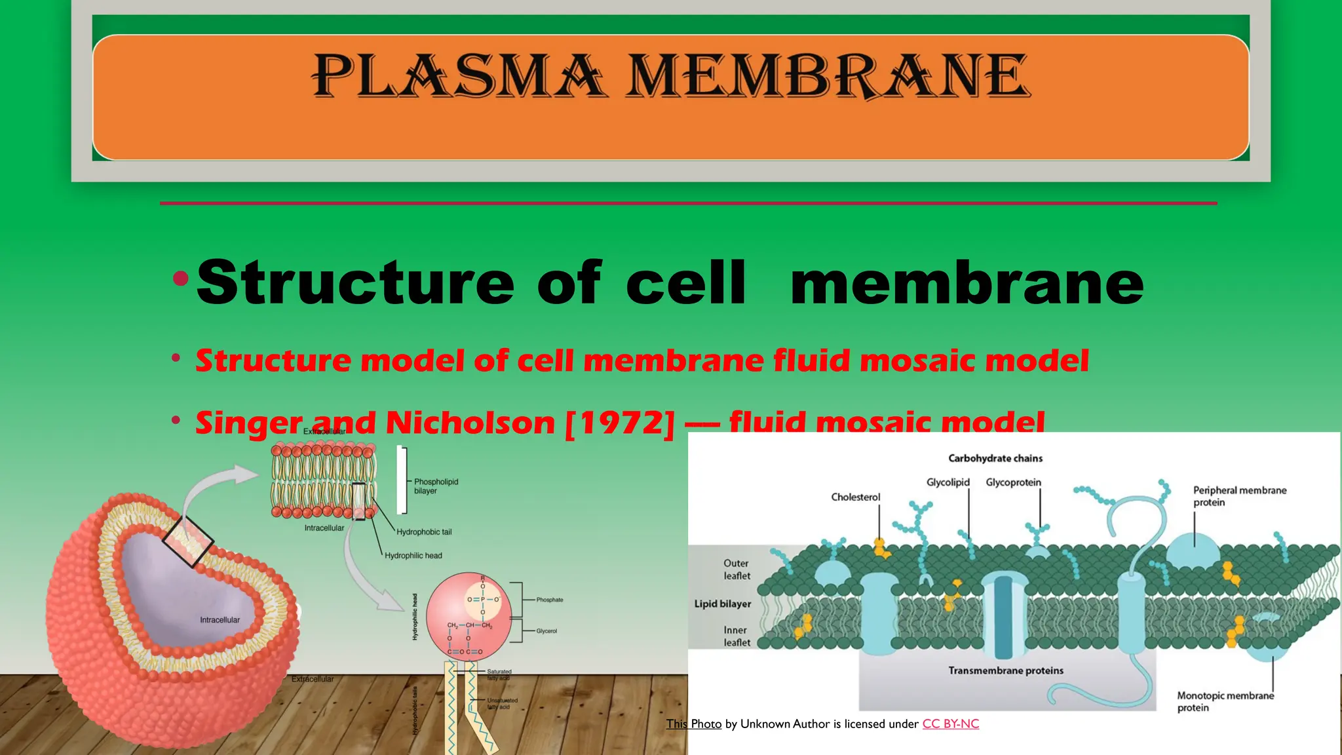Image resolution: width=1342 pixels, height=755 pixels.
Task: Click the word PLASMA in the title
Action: tap(457, 76)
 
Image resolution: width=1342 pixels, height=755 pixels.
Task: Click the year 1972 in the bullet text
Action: tap(619, 423)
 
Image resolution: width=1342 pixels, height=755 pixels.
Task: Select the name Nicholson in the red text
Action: tap(470, 423)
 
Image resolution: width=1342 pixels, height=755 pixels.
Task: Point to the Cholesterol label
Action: tap(855, 497)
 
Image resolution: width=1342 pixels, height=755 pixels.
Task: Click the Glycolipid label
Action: tap(948, 482)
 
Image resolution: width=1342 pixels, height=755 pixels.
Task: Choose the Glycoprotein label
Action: tap(1013, 482)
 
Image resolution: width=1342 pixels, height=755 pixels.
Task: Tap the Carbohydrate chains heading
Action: tap(995, 458)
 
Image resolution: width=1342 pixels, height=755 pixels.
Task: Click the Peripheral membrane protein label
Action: tap(1238, 496)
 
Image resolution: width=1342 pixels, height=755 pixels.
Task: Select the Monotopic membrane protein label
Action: tap(1225, 701)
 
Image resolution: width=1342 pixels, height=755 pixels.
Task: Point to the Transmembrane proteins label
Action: tap(1005, 670)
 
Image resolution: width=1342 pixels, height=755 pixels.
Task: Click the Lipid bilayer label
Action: tap(722, 604)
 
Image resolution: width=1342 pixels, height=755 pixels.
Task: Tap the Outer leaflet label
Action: tap(736, 569)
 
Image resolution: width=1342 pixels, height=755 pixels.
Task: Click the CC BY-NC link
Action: tap(950, 724)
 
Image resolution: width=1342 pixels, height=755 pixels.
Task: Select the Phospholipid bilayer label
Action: tap(435, 486)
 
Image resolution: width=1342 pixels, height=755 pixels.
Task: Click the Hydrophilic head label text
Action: tap(413, 556)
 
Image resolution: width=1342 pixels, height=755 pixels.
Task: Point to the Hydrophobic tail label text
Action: tap(423, 532)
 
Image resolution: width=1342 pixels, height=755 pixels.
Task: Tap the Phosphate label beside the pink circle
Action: tap(549, 600)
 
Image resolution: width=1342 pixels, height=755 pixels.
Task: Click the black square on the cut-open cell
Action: tap(188, 541)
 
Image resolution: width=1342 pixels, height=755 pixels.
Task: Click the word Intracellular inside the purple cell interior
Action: tap(220, 620)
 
